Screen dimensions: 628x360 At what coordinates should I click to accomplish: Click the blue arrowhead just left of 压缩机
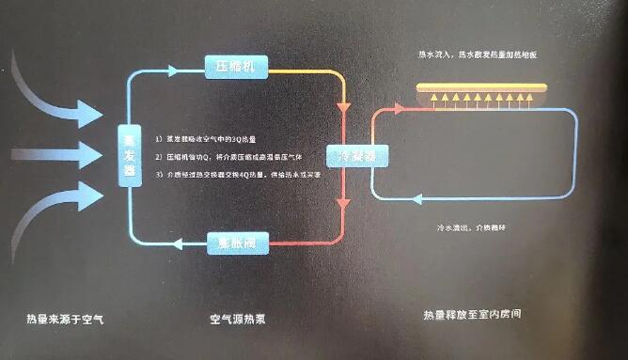[x=172, y=70]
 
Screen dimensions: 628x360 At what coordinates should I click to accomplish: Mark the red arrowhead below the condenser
[x=344, y=200]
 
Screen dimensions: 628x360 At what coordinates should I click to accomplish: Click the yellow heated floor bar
[x=482, y=87]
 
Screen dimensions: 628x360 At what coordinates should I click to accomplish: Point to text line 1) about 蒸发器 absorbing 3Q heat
[x=216, y=139]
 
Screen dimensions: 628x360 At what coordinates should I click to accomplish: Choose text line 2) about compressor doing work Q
[x=235, y=157]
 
